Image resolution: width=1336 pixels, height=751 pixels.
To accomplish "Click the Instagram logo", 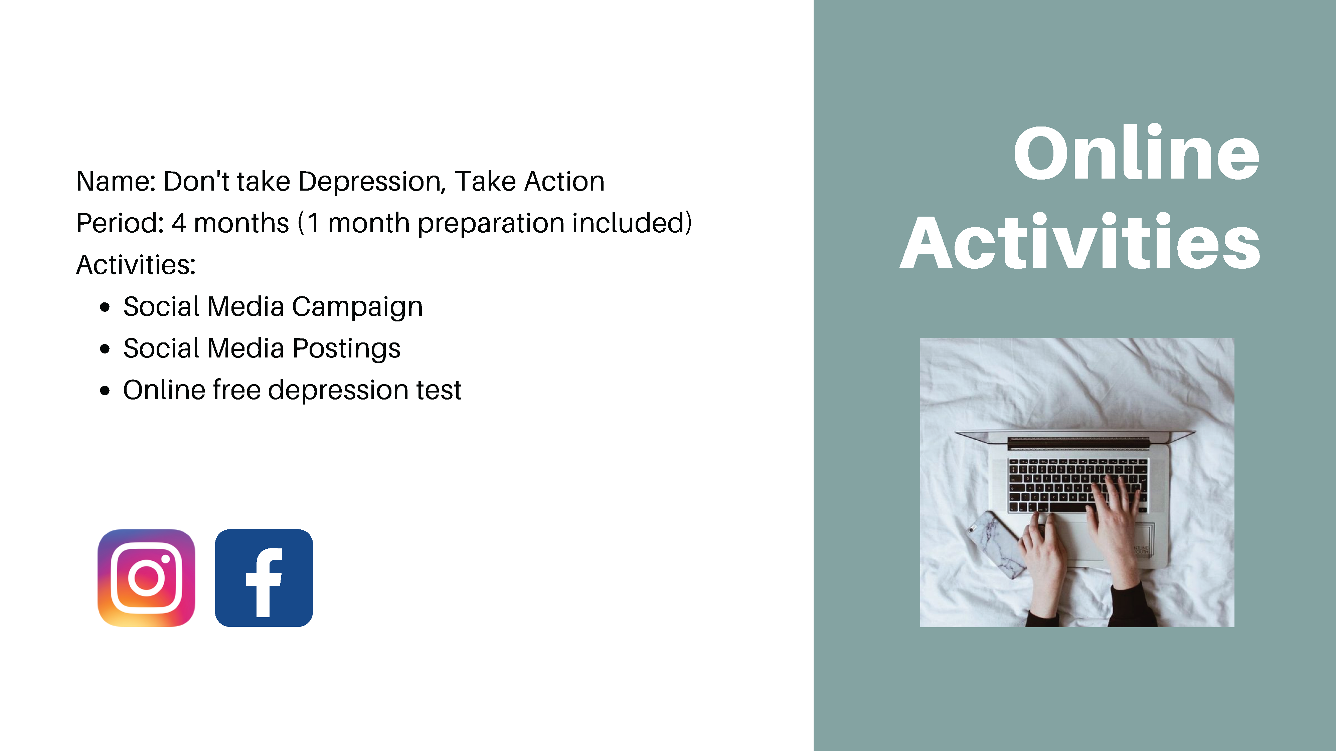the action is pos(146,578).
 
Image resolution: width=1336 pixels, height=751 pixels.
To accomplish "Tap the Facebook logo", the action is pos(264,578).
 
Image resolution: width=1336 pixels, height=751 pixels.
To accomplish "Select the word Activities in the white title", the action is pos(1080,242).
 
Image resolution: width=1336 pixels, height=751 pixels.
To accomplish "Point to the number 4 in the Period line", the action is pos(178,223).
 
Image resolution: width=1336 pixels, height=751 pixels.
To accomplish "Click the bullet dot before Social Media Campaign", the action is pos(105,307).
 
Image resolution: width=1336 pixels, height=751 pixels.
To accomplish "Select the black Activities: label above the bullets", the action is pos(136,265).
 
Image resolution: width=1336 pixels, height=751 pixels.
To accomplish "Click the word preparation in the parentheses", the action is pos(491,224).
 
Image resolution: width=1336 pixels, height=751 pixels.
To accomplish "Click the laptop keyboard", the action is pos(1078,486).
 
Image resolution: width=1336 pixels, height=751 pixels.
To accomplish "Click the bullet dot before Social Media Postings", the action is pos(105,349).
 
